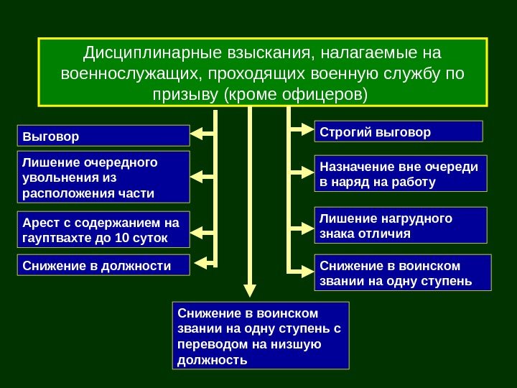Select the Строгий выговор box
[x=399, y=132]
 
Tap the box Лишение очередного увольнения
[x=103, y=176]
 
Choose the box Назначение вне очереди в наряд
[x=401, y=174]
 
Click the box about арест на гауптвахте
[x=103, y=228]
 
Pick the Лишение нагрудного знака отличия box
[x=401, y=226]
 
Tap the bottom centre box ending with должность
[x=261, y=336]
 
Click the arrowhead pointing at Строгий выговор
[x=307, y=130]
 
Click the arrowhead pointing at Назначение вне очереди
[x=307, y=172]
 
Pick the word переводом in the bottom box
[x=208, y=344]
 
